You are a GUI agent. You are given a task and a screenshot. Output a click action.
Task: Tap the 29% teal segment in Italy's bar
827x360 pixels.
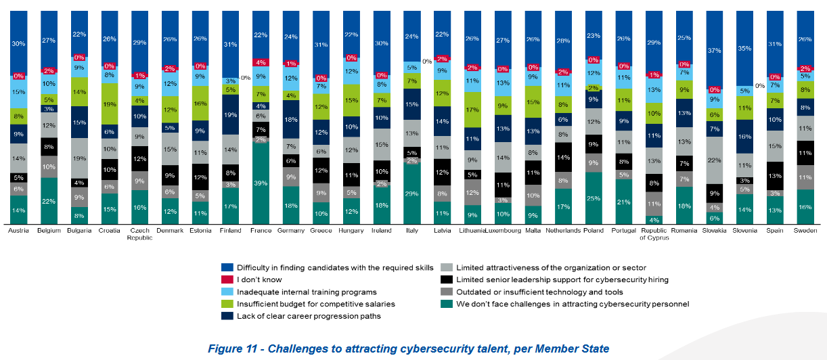coord(412,194)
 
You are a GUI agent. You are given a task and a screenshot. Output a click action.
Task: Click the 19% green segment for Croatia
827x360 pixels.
coord(110,104)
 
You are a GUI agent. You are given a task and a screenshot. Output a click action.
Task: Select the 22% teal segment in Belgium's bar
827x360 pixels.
coord(49,201)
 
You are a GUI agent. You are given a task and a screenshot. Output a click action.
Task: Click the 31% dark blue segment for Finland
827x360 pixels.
coord(231,45)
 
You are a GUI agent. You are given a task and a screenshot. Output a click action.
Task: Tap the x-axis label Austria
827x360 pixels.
coord(18,231)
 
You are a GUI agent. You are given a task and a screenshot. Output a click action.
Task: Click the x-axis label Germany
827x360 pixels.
coord(291,231)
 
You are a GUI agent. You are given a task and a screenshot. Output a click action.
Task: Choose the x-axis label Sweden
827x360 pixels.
coord(805,231)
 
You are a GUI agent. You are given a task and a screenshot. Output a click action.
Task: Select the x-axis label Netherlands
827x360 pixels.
coord(564,231)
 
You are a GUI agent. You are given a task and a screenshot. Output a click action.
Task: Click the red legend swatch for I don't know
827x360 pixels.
coord(227,279)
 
